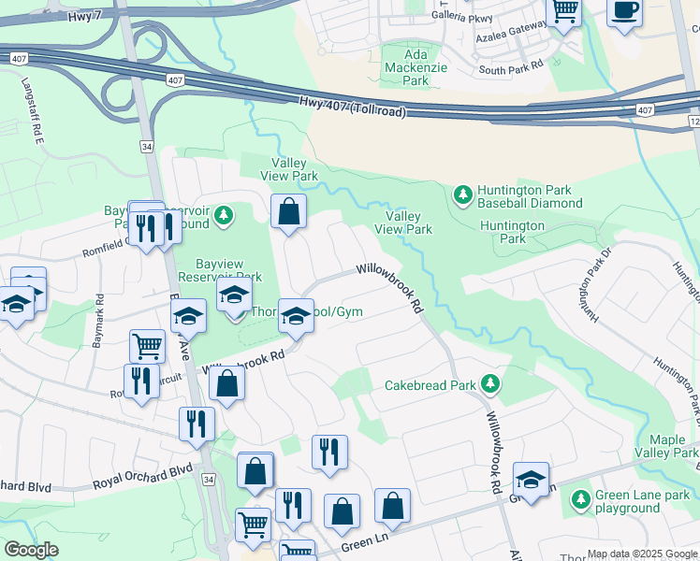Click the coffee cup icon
(625, 10)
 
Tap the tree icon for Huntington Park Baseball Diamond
(461, 194)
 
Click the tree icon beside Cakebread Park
(489, 384)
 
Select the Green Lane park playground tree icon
(580, 496)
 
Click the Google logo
(31, 550)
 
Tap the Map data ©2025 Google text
(641, 554)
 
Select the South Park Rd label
(510, 69)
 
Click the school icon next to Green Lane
(531, 480)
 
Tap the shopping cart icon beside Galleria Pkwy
(564, 10)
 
